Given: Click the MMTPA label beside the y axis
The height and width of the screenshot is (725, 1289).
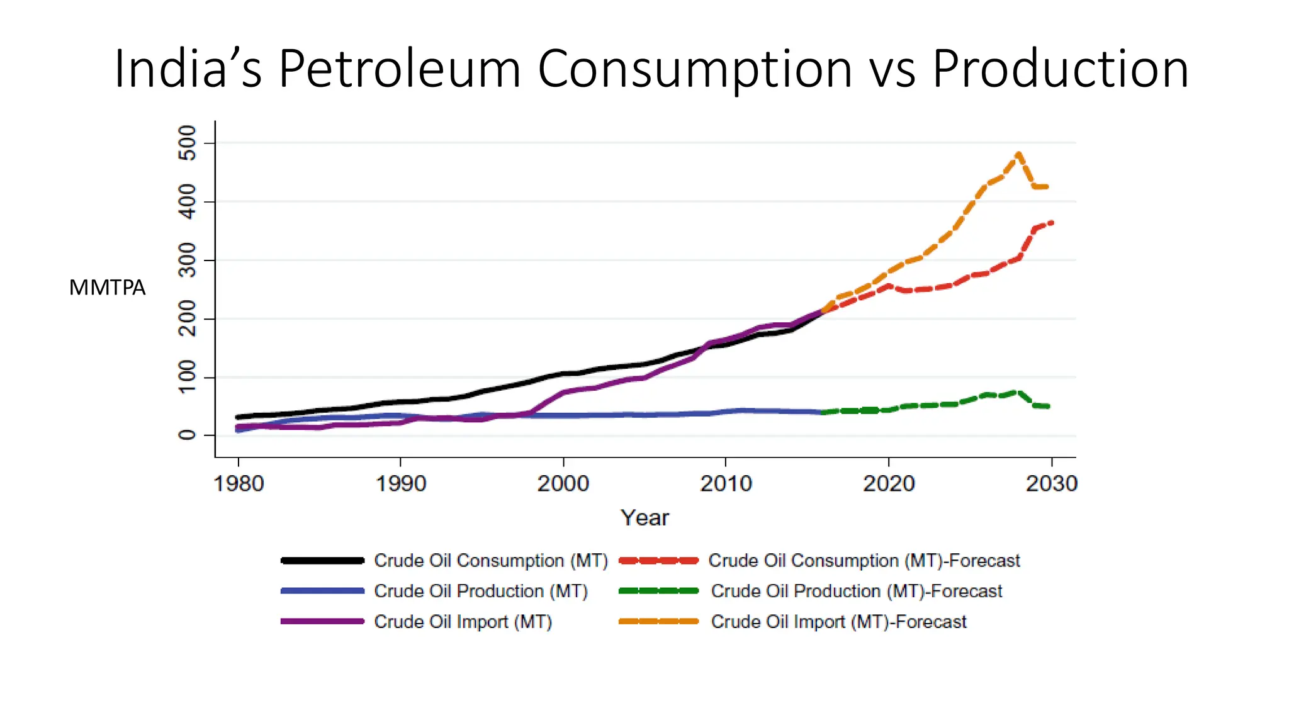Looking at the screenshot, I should pos(107,288).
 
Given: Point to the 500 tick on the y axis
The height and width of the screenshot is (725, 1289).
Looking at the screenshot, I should pos(188,143).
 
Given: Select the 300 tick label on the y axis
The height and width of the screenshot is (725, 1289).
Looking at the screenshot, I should pos(188,260).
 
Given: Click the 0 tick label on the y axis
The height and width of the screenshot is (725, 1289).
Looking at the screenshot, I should pos(188,435).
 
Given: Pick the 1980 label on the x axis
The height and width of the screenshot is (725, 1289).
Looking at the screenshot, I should pos(239,483).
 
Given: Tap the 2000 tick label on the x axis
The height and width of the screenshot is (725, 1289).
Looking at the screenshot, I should pos(563,483).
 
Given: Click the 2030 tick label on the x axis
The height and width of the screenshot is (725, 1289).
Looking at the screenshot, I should pos(1051,483).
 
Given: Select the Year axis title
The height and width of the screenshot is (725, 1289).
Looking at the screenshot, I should pos(644,517).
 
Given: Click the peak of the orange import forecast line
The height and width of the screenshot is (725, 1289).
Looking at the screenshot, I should pos(1018,154).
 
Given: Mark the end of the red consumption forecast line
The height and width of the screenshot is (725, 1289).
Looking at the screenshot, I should pos(1052,223).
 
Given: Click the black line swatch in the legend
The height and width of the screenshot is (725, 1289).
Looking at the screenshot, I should pos(322,560).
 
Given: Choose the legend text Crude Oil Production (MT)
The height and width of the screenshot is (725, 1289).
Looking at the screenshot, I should pos(481,591).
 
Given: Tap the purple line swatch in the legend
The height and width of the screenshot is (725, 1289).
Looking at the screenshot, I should pos(322,621).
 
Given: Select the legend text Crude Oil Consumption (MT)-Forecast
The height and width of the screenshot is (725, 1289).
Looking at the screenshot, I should pos(864,560).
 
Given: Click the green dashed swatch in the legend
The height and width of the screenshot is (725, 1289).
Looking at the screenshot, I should pos(658,591).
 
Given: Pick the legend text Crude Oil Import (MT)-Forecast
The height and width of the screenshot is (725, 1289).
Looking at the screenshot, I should pos(838,621).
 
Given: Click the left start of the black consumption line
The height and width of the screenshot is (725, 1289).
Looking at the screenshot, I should pos(238,417).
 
